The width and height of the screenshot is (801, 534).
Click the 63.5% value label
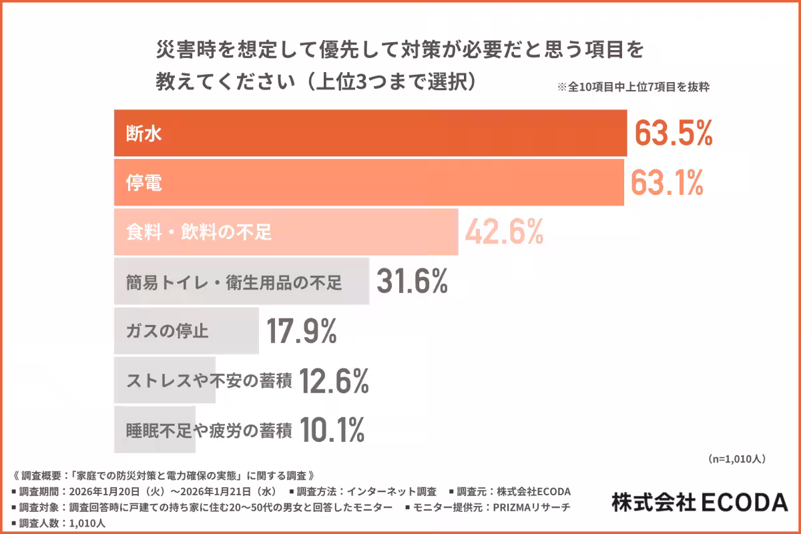click(x=673, y=133)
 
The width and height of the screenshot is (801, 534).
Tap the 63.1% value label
click(x=667, y=183)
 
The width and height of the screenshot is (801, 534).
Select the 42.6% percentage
click(x=504, y=232)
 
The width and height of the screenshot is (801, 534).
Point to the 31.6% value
click(x=412, y=282)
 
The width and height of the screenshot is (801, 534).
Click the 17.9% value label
click(x=302, y=331)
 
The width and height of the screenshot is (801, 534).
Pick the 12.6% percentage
click(x=334, y=380)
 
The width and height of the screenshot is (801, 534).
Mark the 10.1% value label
click(x=332, y=430)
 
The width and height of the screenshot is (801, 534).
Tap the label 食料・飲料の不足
click(x=199, y=233)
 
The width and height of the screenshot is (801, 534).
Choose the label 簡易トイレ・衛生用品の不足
click(x=234, y=282)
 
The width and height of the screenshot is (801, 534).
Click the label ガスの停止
click(x=168, y=332)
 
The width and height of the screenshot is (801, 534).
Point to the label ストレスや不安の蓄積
click(x=209, y=381)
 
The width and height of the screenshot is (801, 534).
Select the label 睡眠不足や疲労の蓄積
click(x=209, y=431)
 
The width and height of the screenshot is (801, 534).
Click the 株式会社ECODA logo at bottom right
click(x=699, y=502)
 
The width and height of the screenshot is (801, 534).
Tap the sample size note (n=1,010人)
click(x=736, y=459)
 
